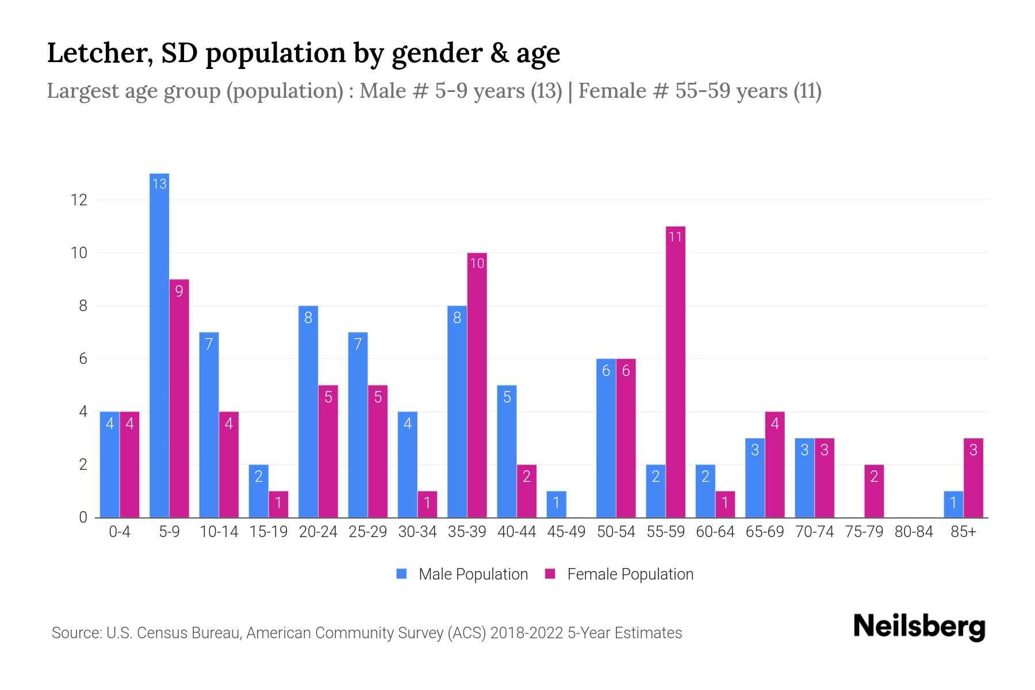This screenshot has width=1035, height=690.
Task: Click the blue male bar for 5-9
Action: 159,345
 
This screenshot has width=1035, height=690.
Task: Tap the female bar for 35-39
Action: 477,385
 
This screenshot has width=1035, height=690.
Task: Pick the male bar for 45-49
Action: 556,504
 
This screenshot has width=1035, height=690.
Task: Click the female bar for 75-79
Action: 874,491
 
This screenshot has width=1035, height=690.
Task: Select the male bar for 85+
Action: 953,504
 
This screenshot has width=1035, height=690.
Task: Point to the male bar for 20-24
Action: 308,412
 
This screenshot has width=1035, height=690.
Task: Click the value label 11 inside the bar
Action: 676,237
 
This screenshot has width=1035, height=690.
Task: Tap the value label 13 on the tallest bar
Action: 159,184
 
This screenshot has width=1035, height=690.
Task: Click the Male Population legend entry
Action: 462,574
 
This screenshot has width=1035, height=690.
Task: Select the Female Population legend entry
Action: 620,574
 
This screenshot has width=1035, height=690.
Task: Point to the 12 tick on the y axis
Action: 79,200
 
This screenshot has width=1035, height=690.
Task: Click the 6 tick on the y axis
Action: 83,359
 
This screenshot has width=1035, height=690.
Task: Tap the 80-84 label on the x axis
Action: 914,532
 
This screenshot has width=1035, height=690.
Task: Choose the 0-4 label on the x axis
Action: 120,532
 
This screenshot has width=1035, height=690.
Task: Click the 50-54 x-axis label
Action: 616,532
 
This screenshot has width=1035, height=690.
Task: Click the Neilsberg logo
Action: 919,627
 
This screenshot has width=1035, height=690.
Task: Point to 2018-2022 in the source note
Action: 527,633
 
